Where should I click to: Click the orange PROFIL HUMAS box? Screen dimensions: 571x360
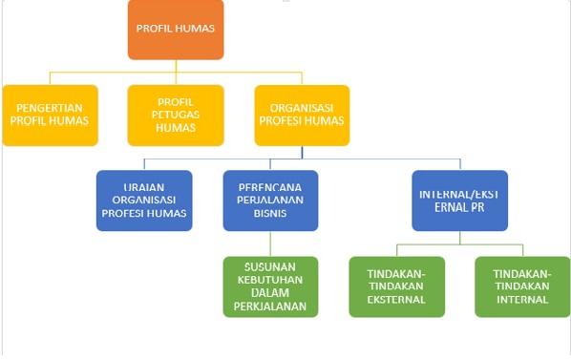tap(176, 30)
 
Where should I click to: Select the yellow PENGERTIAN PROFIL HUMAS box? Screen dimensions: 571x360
tap(50, 115)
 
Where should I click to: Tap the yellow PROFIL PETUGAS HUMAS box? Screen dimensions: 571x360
tap(176, 115)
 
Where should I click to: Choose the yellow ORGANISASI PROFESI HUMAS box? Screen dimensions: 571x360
tap(302, 115)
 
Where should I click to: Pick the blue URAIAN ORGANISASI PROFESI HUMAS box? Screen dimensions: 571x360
tap(144, 201)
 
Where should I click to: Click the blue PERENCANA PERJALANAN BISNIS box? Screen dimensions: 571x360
tap(270, 201)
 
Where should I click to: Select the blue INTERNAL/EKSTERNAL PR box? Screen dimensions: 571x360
tap(459, 201)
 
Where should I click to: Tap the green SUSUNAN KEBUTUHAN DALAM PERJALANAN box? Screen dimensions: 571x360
tap(270, 286)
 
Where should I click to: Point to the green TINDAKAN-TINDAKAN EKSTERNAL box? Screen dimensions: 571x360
tap(396, 286)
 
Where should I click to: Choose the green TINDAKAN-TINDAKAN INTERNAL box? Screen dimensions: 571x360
tap(522, 286)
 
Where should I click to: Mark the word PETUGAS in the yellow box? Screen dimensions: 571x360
tap(176, 115)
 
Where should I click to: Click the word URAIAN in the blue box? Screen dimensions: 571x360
tap(144, 187)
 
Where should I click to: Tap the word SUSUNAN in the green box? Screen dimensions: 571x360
tap(270, 266)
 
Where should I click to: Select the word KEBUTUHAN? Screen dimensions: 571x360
tap(270, 280)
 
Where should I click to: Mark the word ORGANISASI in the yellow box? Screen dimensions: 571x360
tap(302, 107)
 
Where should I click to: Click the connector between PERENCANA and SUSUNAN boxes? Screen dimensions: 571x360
tap(270, 244)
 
